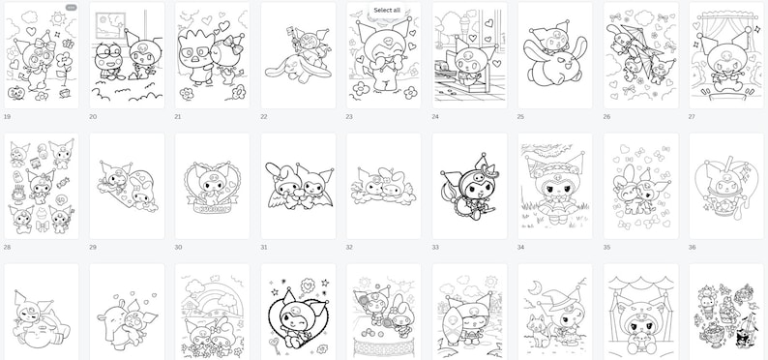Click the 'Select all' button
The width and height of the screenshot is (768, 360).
[388, 11]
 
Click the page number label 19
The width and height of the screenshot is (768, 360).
[8, 116]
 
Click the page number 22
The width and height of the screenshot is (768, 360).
[265, 116]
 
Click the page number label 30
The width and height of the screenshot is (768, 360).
[179, 247]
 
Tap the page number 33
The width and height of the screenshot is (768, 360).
[435, 247]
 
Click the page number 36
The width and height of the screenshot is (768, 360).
[692, 247]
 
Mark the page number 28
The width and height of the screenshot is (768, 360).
[8, 247]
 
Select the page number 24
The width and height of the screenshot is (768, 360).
[436, 116]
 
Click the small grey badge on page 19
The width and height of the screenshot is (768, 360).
[70, 8]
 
